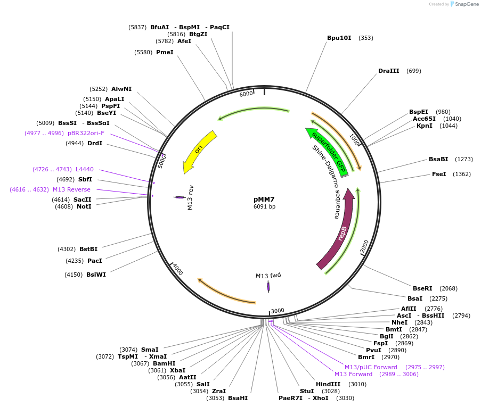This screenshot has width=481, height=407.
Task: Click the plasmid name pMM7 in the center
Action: click(264, 199)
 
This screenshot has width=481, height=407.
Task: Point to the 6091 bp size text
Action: click(264, 206)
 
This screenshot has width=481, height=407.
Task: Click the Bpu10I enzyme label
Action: click(339, 38)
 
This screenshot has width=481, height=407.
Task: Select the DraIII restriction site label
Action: click(388, 71)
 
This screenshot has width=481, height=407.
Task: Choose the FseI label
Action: click(439, 174)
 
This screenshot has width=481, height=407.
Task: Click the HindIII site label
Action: click(328, 384)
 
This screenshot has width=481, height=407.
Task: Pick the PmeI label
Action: click(165, 52)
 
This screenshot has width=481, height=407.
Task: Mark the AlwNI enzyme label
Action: click(121, 89)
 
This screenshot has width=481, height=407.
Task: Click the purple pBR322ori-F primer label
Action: click(86, 133)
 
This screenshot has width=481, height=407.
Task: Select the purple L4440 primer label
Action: click(84, 169)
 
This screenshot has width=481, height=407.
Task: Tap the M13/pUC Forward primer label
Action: click(371, 367)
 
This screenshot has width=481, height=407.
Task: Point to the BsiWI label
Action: click(96, 275)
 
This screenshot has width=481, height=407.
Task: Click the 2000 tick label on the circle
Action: click(364, 246)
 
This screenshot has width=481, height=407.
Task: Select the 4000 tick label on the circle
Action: click(177, 270)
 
